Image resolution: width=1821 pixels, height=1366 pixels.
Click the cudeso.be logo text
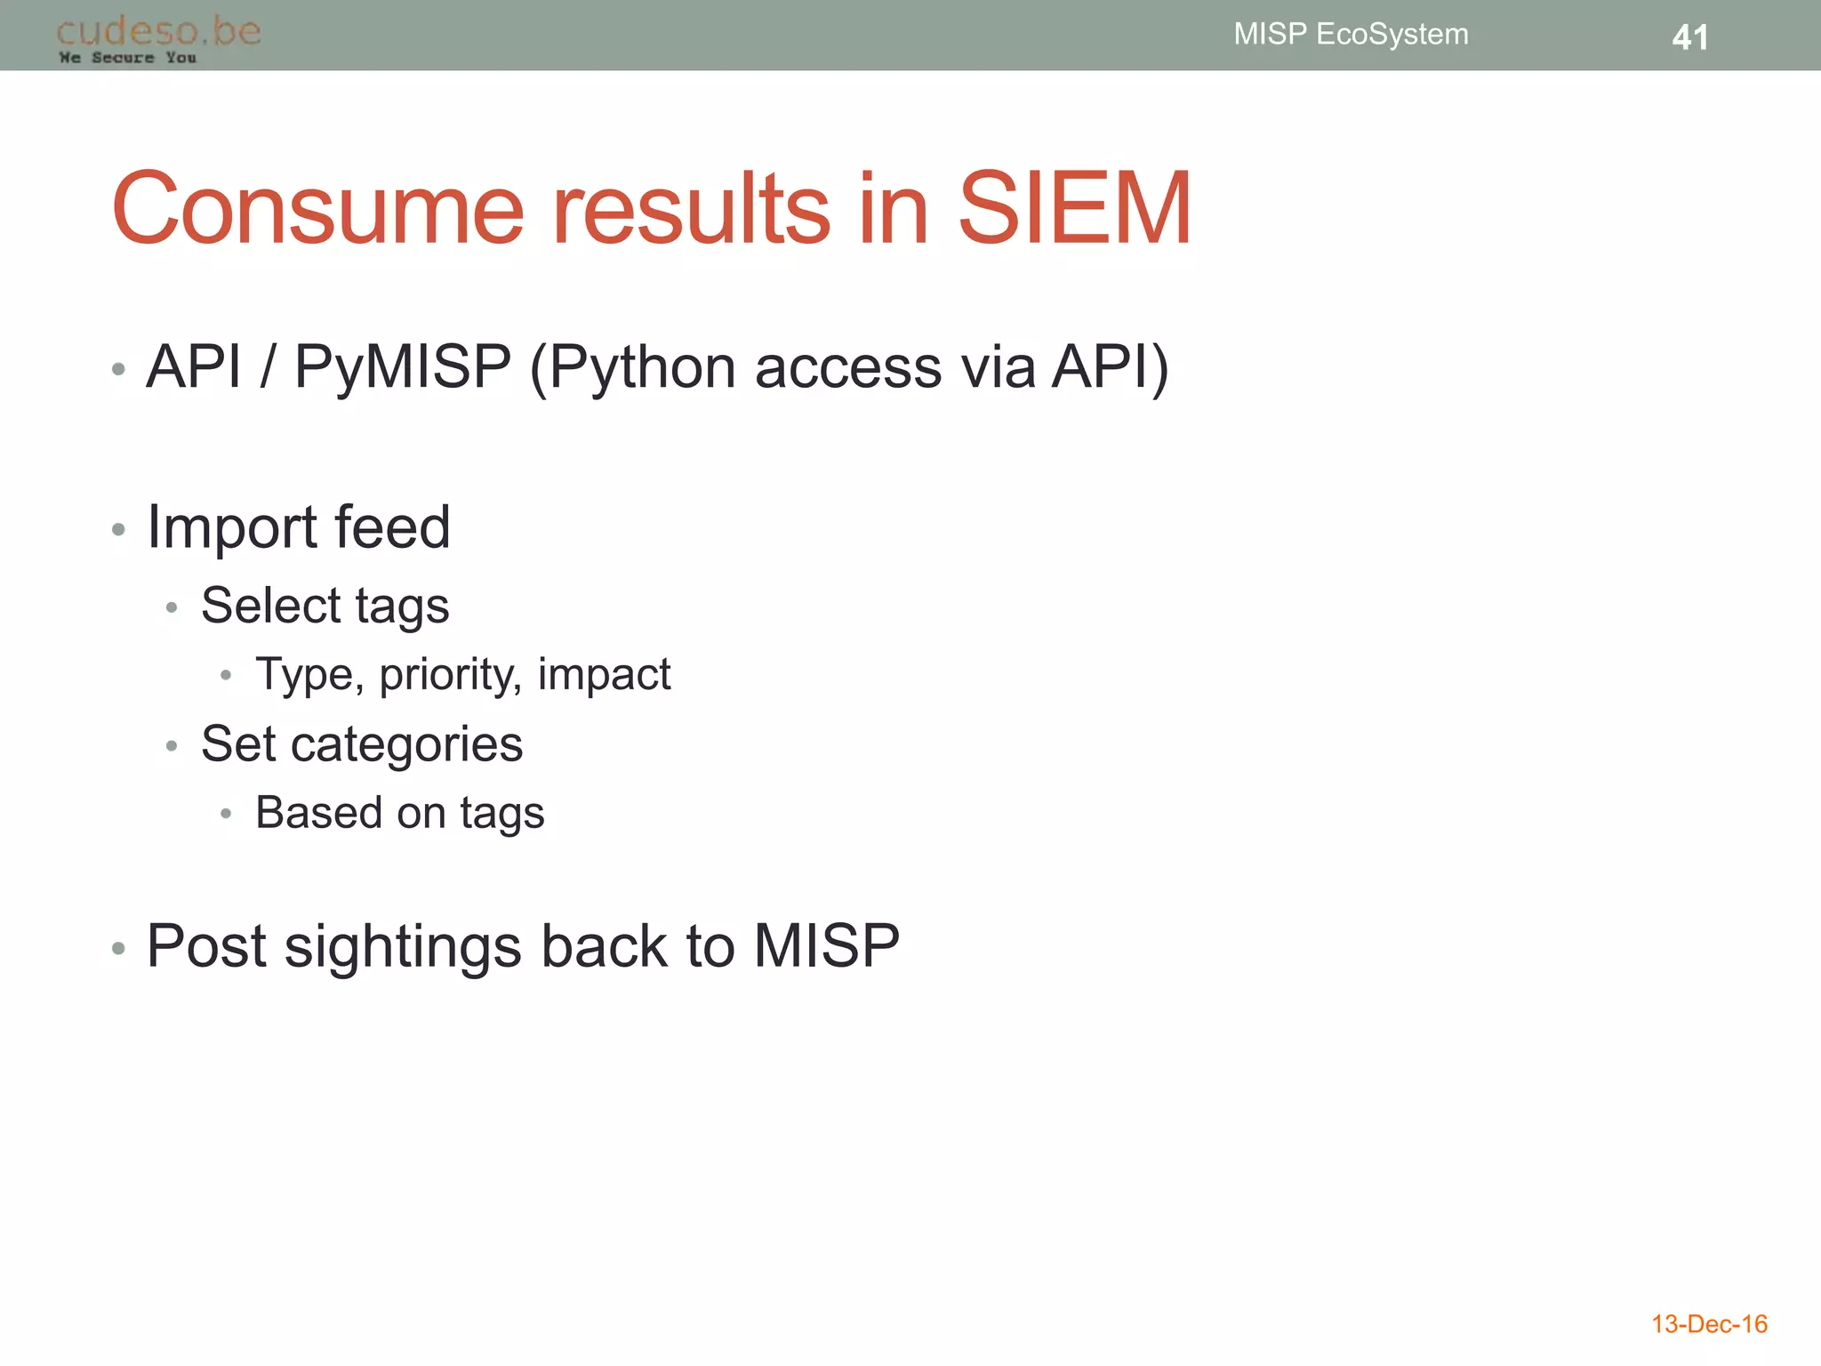[158, 31]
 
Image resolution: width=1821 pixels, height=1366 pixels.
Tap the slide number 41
[1689, 37]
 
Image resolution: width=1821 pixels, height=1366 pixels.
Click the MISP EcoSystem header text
[1351, 34]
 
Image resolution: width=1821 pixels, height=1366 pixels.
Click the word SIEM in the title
[1074, 209]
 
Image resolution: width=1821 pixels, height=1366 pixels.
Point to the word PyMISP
[403, 366]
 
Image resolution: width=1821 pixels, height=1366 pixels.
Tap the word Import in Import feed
[231, 528]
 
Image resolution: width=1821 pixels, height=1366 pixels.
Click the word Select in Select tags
[270, 606]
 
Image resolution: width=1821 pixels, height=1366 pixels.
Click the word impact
[604, 675]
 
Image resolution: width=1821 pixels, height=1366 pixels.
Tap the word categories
[406, 744]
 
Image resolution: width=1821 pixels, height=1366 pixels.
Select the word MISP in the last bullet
[826, 945]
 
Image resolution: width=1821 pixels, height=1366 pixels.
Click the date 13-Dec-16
[1709, 1324]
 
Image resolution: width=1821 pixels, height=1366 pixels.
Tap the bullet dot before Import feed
[118, 530]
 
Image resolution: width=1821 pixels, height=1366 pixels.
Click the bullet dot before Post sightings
[118, 949]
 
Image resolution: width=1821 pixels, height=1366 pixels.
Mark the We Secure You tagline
[127, 58]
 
